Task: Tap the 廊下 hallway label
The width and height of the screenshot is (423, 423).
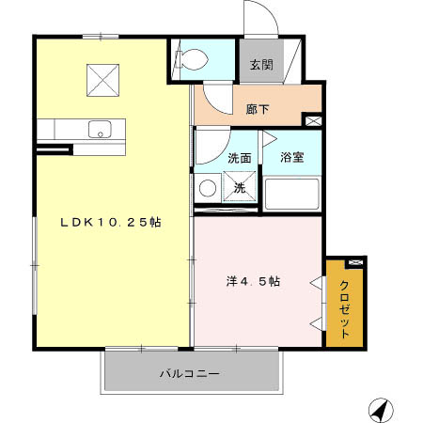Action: [x=258, y=110]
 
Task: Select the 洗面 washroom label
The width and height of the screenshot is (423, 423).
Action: [x=239, y=158]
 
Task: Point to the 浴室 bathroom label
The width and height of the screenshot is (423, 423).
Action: [x=290, y=158]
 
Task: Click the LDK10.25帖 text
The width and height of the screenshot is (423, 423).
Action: [x=110, y=223]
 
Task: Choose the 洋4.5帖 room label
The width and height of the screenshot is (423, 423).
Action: [x=253, y=281]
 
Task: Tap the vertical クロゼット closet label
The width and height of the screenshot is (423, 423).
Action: [x=345, y=310]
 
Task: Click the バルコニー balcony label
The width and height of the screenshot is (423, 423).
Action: [x=189, y=374]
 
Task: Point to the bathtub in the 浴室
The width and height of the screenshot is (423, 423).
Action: [x=291, y=194]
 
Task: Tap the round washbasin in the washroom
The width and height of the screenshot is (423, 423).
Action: [x=206, y=188]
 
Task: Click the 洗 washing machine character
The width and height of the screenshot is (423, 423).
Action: [x=240, y=188]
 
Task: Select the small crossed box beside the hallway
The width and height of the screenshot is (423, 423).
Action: [x=313, y=120]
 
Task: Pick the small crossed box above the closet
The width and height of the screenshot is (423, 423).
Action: [x=354, y=262]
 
